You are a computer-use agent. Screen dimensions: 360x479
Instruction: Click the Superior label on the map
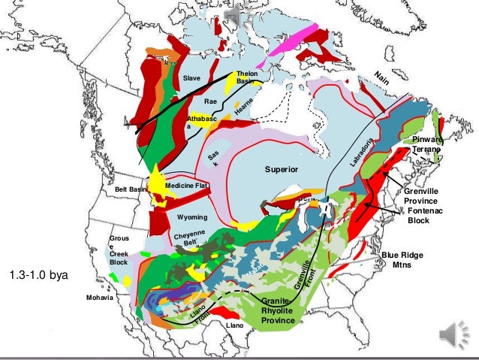click(282, 170)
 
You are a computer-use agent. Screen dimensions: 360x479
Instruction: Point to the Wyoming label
click(192, 217)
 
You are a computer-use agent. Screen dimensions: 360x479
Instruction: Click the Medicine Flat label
click(186, 185)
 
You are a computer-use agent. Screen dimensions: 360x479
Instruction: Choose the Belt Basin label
click(131, 189)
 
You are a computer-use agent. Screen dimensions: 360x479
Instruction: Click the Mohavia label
click(99, 298)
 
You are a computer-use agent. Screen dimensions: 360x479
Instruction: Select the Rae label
click(211, 101)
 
